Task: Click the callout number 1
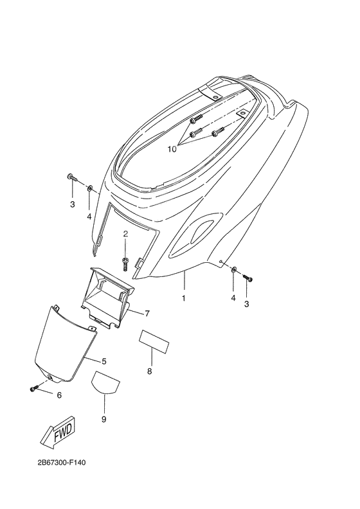[183, 298]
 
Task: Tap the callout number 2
[125, 233]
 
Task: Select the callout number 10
[172, 149]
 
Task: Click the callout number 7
[147, 314]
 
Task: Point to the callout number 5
[104, 361]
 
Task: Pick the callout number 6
[59, 395]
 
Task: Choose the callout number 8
[149, 371]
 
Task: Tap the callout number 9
[104, 420]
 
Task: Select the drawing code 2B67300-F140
[61, 462]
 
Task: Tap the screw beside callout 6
[34, 388]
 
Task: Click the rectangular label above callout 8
[154, 342]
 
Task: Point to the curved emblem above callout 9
[106, 383]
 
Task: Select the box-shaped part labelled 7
[107, 297]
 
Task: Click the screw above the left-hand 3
[73, 177]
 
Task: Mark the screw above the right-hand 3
[248, 278]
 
